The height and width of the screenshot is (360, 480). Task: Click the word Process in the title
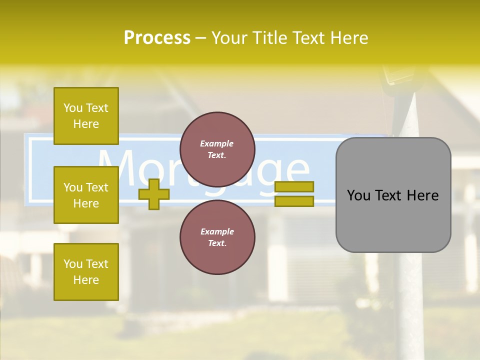(x=157, y=38)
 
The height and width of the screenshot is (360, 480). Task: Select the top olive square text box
(x=86, y=116)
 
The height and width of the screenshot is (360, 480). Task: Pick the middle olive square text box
(x=86, y=195)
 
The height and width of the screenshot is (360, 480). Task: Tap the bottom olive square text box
(x=86, y=271)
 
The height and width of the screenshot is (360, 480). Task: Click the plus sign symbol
(x=154, y=194)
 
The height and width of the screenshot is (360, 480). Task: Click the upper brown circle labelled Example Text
(x=217, y=149)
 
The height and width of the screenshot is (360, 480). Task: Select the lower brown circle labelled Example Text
(x=217, y=237)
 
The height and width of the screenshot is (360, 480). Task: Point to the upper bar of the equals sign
(x=294, y=186)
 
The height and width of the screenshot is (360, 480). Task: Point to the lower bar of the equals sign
(x=294, y=201)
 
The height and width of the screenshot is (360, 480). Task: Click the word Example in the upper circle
(x=217, y=143)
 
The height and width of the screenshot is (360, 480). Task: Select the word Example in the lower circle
(x=217, y=231)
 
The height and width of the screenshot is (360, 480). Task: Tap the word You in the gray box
(x=359, y=195)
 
